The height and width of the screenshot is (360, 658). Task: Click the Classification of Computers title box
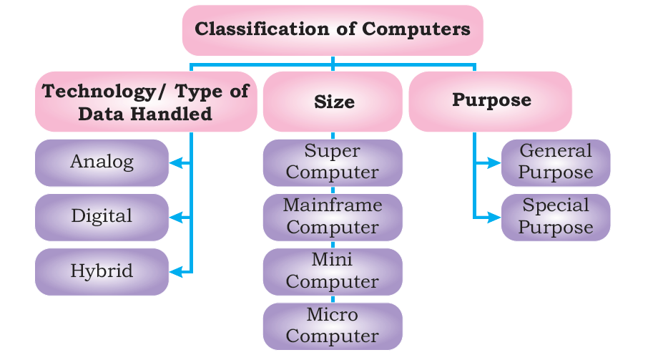(333, 30)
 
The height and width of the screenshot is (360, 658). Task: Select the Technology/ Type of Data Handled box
(146, 102)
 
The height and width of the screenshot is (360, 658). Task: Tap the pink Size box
(333, 102)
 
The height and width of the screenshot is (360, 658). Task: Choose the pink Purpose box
(491, 101)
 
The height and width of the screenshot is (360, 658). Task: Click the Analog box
(102, 162)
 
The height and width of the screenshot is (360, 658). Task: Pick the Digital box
(102, 216)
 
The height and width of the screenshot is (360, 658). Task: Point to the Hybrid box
(102, 271)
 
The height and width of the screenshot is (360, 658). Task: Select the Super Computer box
(333, 162)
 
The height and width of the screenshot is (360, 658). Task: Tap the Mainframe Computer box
(333, 216)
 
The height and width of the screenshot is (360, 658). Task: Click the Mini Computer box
(333, 271)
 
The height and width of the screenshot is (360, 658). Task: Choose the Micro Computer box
(333, 326)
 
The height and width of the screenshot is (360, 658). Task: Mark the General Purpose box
(556, 162)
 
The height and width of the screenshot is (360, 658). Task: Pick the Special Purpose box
(556, 217)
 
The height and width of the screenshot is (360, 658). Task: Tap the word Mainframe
(333, 206)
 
